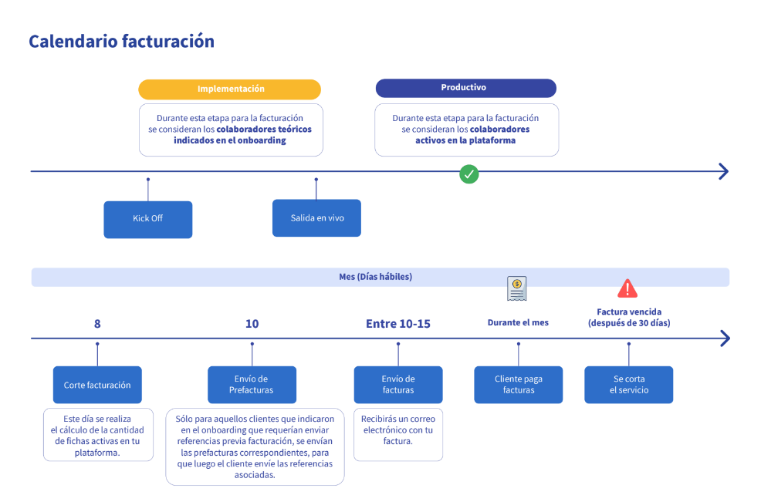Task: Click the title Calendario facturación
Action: point(121,41)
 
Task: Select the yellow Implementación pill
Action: point(229,89)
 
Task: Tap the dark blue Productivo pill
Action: point(466,88)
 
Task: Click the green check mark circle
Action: point(468,174)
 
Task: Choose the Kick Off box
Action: point(148,219)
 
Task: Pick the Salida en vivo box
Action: point(316,217)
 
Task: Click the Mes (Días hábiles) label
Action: point(376,277)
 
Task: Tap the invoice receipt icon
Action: point(517,288)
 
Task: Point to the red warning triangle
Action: point(627,288)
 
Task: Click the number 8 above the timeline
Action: point(97,324)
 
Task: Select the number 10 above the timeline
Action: point(252,324)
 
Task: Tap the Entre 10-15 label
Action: point(398,324)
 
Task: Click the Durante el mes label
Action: point(518,322)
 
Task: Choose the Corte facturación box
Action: point(97,385)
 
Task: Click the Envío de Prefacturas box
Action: point(252,385)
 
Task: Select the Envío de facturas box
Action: point(398,385)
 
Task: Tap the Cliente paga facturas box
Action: point(519,385)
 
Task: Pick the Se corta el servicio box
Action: point(628,385)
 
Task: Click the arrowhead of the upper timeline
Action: point(724,171)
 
